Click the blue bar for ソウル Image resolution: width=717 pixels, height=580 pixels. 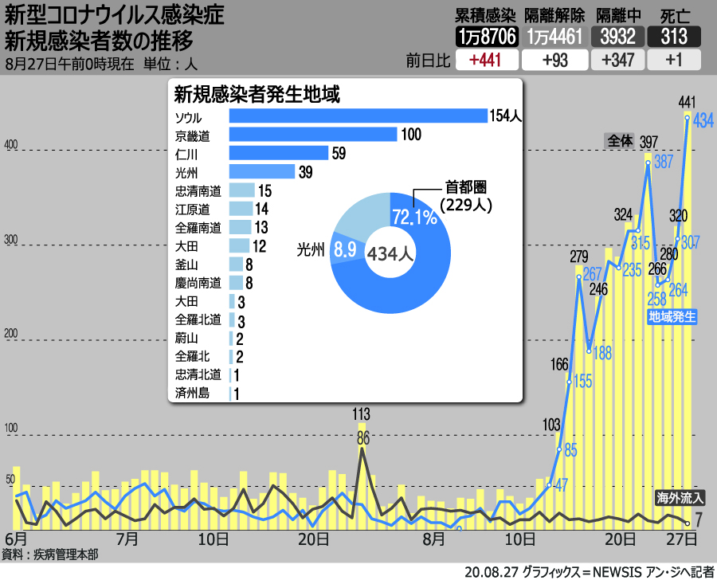click(358, 116)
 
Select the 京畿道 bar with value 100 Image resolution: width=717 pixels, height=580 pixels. click(313, 135)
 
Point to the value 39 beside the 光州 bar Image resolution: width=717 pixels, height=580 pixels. click(304, 172)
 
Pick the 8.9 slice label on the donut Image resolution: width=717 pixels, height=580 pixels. click(344, 249)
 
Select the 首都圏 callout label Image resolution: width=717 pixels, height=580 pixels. click(465, 188)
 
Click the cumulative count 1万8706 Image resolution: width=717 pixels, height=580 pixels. click(487, 37)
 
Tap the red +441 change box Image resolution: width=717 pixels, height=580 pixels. click(485, 61)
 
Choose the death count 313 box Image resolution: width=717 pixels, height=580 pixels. click(673, 37)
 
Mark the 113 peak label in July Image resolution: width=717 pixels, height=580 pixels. click(362, 413)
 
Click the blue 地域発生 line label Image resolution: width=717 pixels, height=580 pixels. click(672, 316)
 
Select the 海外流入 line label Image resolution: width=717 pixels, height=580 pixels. click(680, 498)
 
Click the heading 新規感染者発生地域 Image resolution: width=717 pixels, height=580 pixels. click(257, 95)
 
